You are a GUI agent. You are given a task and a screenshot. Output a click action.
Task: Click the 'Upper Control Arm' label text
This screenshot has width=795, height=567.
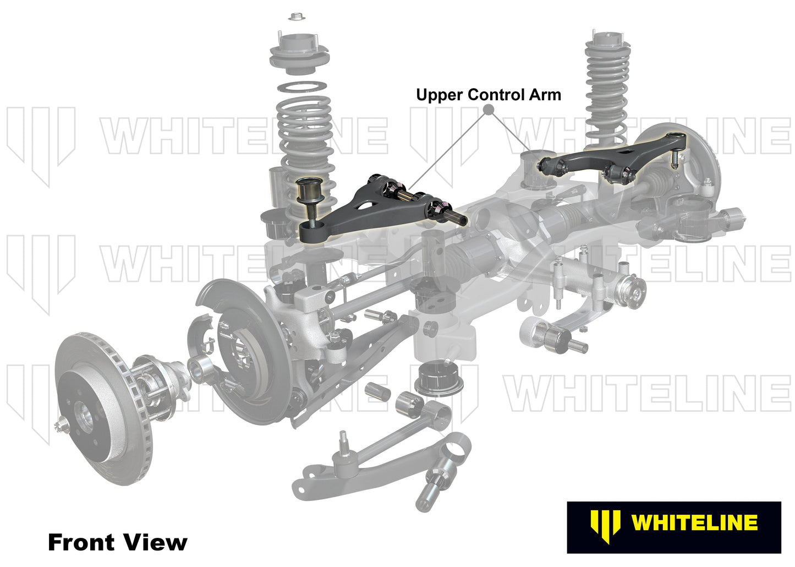pos(488,95)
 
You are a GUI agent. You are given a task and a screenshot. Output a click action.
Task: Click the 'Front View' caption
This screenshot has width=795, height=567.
pos(117,542)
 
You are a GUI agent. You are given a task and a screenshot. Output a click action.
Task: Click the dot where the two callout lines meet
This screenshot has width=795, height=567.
pos(487,110)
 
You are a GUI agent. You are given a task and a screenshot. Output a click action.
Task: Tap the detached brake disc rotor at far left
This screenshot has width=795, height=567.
pos(102,407)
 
